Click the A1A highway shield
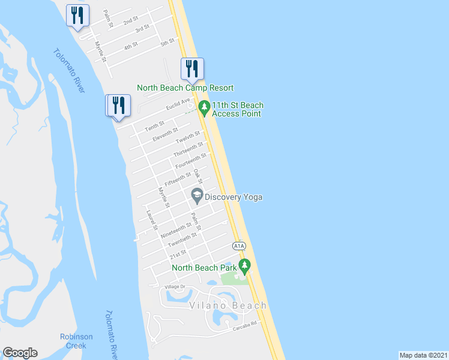pyautogui.click(x=239, y=246)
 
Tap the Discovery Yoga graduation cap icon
pyautogui.click(x=196, y=195)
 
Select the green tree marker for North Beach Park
pyautogui.click(x=244, y=265)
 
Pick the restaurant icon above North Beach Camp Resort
pyautogui.click(x=192, y=70)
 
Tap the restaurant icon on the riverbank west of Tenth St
pyautogui.click(x=118, y=106)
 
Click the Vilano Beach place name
pyautogui.click(x=228, y=305)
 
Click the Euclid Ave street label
pyautogui.click(x=178, y=104)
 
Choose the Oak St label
pyautogui.click(x=199, y=176)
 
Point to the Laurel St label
pyautogui.click(x=151, y=220)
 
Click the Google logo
pyautogui.click(x=20, y=353)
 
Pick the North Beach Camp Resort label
pyautogui.click(x=185, y=88)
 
